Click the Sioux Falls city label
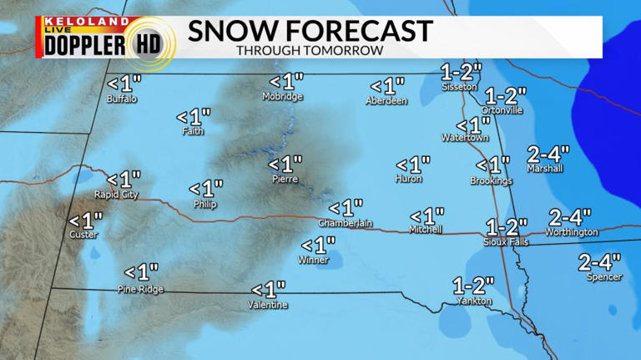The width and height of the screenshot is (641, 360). point(505,241)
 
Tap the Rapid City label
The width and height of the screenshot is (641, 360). point(118,195)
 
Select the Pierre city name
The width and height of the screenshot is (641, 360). point(285,179)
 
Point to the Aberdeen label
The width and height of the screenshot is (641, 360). point(386,101)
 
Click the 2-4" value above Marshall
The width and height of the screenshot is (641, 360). point(548,154)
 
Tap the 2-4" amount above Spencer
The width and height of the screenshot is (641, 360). point(600,262)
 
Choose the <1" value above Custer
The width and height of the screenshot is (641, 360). point(85,221)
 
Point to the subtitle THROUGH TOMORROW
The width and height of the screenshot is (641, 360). point(310,50)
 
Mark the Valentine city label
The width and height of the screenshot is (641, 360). point(268,305)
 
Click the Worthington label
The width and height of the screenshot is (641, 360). point(572,232)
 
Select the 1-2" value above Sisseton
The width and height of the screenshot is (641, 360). point(462,71)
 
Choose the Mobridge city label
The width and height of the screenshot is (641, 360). point(283,97)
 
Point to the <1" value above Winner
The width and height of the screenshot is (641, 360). point(318,245)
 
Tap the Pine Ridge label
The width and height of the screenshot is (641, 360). point(140,289)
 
